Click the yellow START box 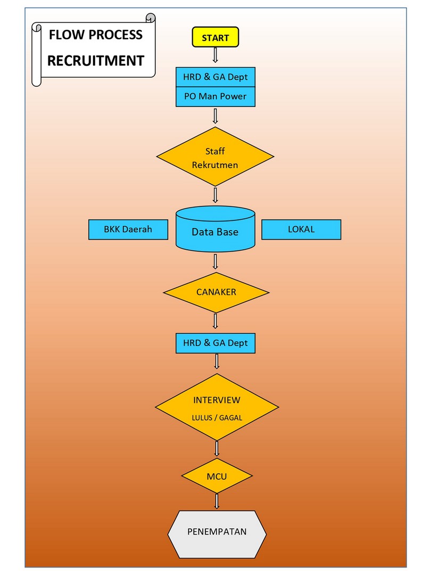[215, 38]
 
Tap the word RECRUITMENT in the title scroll [96, 61]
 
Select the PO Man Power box [215, 97]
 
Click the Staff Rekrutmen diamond [215, 158]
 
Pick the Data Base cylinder [215, 232]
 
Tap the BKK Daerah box [128, 229]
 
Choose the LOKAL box [301, 229]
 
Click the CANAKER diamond [215, 292]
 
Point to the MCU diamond [217, 475]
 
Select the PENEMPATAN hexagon [217, 532]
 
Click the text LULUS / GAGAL [217, 418]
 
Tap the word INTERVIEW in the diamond [217, 400]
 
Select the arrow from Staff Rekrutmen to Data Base [215, 194]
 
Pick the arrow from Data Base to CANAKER [215, 261]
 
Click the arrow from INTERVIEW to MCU [217, 448]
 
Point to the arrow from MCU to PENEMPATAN [217, 501]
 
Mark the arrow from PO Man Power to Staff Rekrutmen [215, 116]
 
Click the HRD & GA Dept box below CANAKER [215, 343]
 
